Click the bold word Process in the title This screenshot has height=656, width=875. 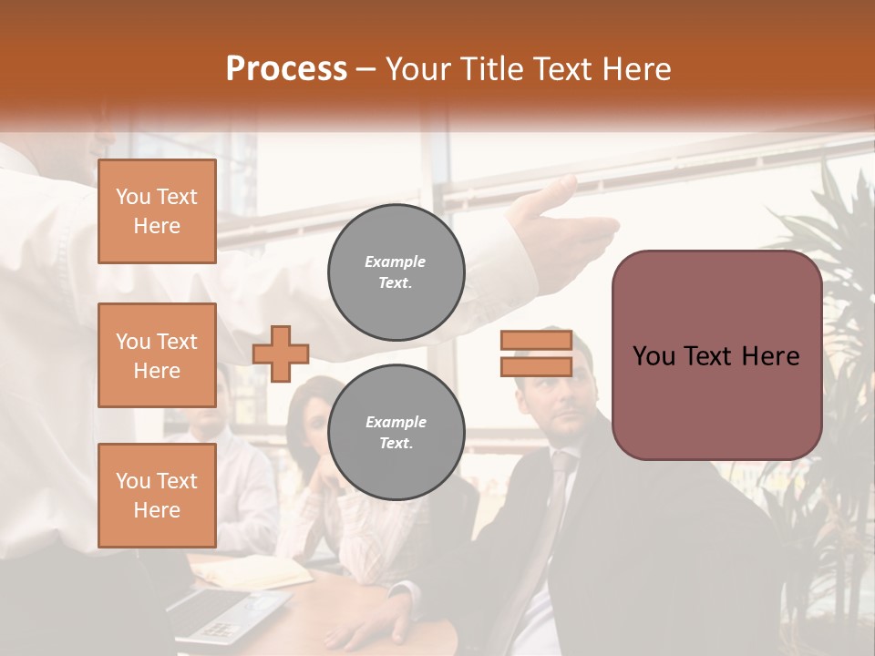(286, 69)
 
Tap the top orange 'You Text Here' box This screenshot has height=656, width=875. (157, 211)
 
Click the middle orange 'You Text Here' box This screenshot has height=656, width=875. (157, 355)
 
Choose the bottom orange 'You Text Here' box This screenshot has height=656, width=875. (157, 496)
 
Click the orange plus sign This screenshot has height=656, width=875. (281, 354)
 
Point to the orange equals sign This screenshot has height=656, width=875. (536, 354)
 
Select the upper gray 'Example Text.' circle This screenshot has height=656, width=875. (396, 272)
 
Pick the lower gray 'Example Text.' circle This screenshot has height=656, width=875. (396, 433)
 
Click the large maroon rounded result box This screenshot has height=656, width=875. (716, 355)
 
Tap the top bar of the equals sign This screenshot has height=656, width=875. (536, 341)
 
